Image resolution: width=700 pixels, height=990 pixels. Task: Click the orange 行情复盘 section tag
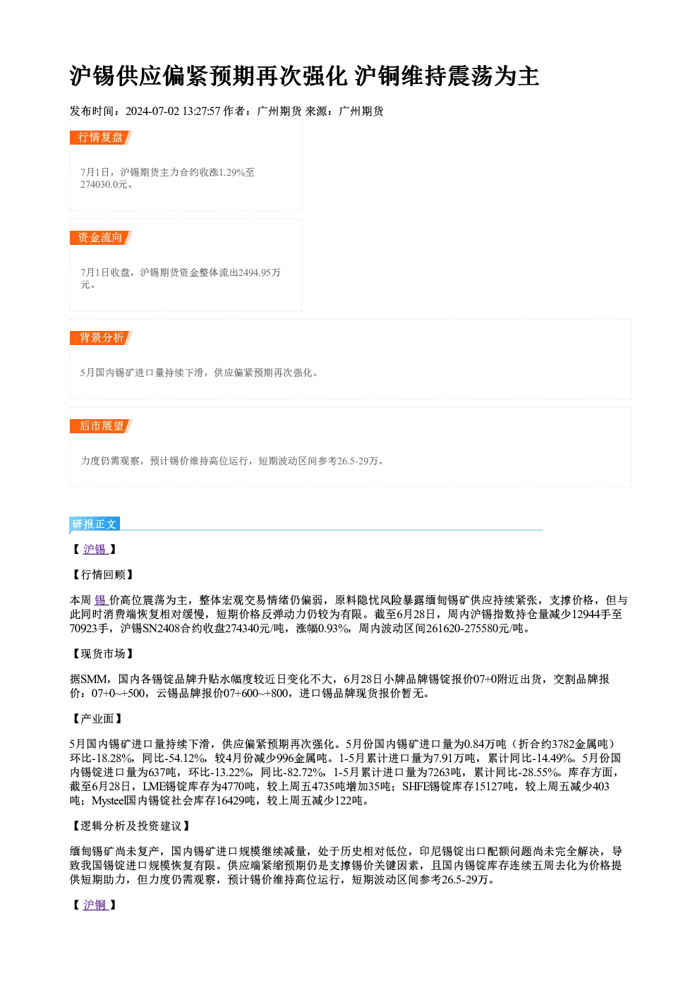[x=100, y=138]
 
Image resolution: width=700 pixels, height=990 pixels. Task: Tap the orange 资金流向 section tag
[x=100, y=238]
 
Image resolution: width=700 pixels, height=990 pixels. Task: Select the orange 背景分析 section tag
[x=100, y=338]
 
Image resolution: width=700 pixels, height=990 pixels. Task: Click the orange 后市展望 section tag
[x=100, y=426]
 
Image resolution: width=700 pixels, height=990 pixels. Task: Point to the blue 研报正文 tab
[x=95, y=524]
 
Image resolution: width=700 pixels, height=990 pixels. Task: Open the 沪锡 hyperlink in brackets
[x=95, y=550]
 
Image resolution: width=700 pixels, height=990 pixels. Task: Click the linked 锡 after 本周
[x=100, y=600]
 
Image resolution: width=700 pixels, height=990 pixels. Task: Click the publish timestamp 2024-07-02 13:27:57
[x=173, y=111]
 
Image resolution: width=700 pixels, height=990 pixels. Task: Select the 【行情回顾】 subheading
[x=102, y=574]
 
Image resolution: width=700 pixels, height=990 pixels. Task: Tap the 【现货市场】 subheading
[x=102, y=653]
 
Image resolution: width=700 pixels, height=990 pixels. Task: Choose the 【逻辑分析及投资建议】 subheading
[x=131, y=826]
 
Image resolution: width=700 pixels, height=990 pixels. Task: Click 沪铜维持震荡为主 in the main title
[x=447, y=76]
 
